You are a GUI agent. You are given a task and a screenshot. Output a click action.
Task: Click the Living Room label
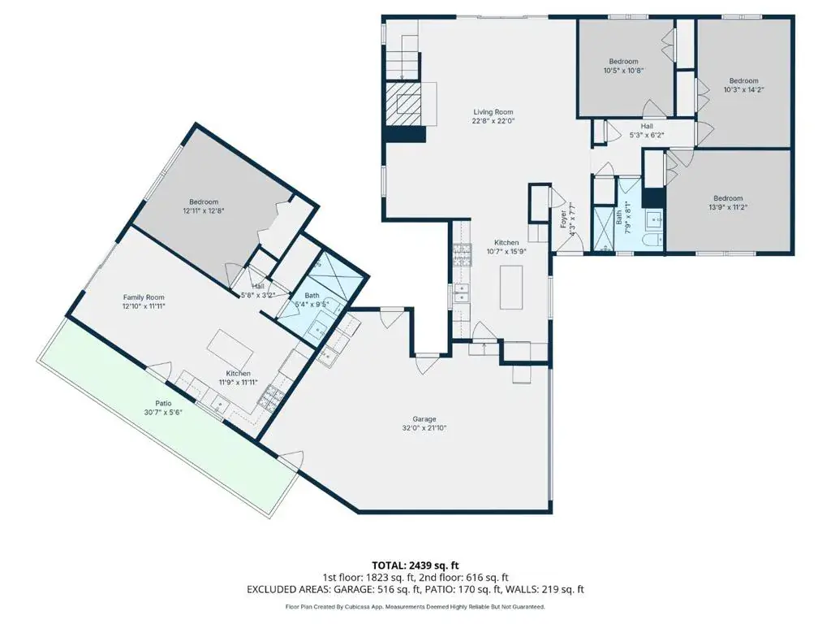(x=493, y=112)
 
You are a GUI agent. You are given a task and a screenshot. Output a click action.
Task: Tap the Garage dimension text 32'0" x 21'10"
(x=424, y=427)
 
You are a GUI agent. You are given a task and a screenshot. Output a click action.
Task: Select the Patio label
(x=163, y=403)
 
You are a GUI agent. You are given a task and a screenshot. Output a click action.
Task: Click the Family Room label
(x=144, y=297)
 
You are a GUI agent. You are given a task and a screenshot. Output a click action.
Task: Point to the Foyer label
(x=563, y=219)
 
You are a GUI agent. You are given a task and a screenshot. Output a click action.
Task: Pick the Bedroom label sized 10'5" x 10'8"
(x=623, y=62)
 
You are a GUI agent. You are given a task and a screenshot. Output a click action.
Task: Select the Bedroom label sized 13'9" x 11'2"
(x=728, y=198)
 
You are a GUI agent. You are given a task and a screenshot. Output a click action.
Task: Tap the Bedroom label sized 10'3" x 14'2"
(x=743, y=80)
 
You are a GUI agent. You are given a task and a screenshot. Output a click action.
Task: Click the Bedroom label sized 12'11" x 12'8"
(x=204, y=201)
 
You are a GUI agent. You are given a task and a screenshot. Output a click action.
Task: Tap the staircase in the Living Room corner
(x=403, y=58)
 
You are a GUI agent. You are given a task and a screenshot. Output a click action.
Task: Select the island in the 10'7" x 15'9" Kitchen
(x=511, y=287)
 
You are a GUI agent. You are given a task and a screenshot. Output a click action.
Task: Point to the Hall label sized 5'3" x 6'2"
(x=647, y=126)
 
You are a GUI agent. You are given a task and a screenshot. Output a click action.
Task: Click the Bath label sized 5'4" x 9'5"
(x=312, y=296)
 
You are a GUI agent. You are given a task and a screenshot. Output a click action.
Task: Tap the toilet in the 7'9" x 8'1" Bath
(x=652, y=242)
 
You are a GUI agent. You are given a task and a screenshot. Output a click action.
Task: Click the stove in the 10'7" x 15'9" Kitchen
(x=462, y=256)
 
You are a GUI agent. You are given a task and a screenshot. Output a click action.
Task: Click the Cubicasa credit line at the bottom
(x=415, y=606)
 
